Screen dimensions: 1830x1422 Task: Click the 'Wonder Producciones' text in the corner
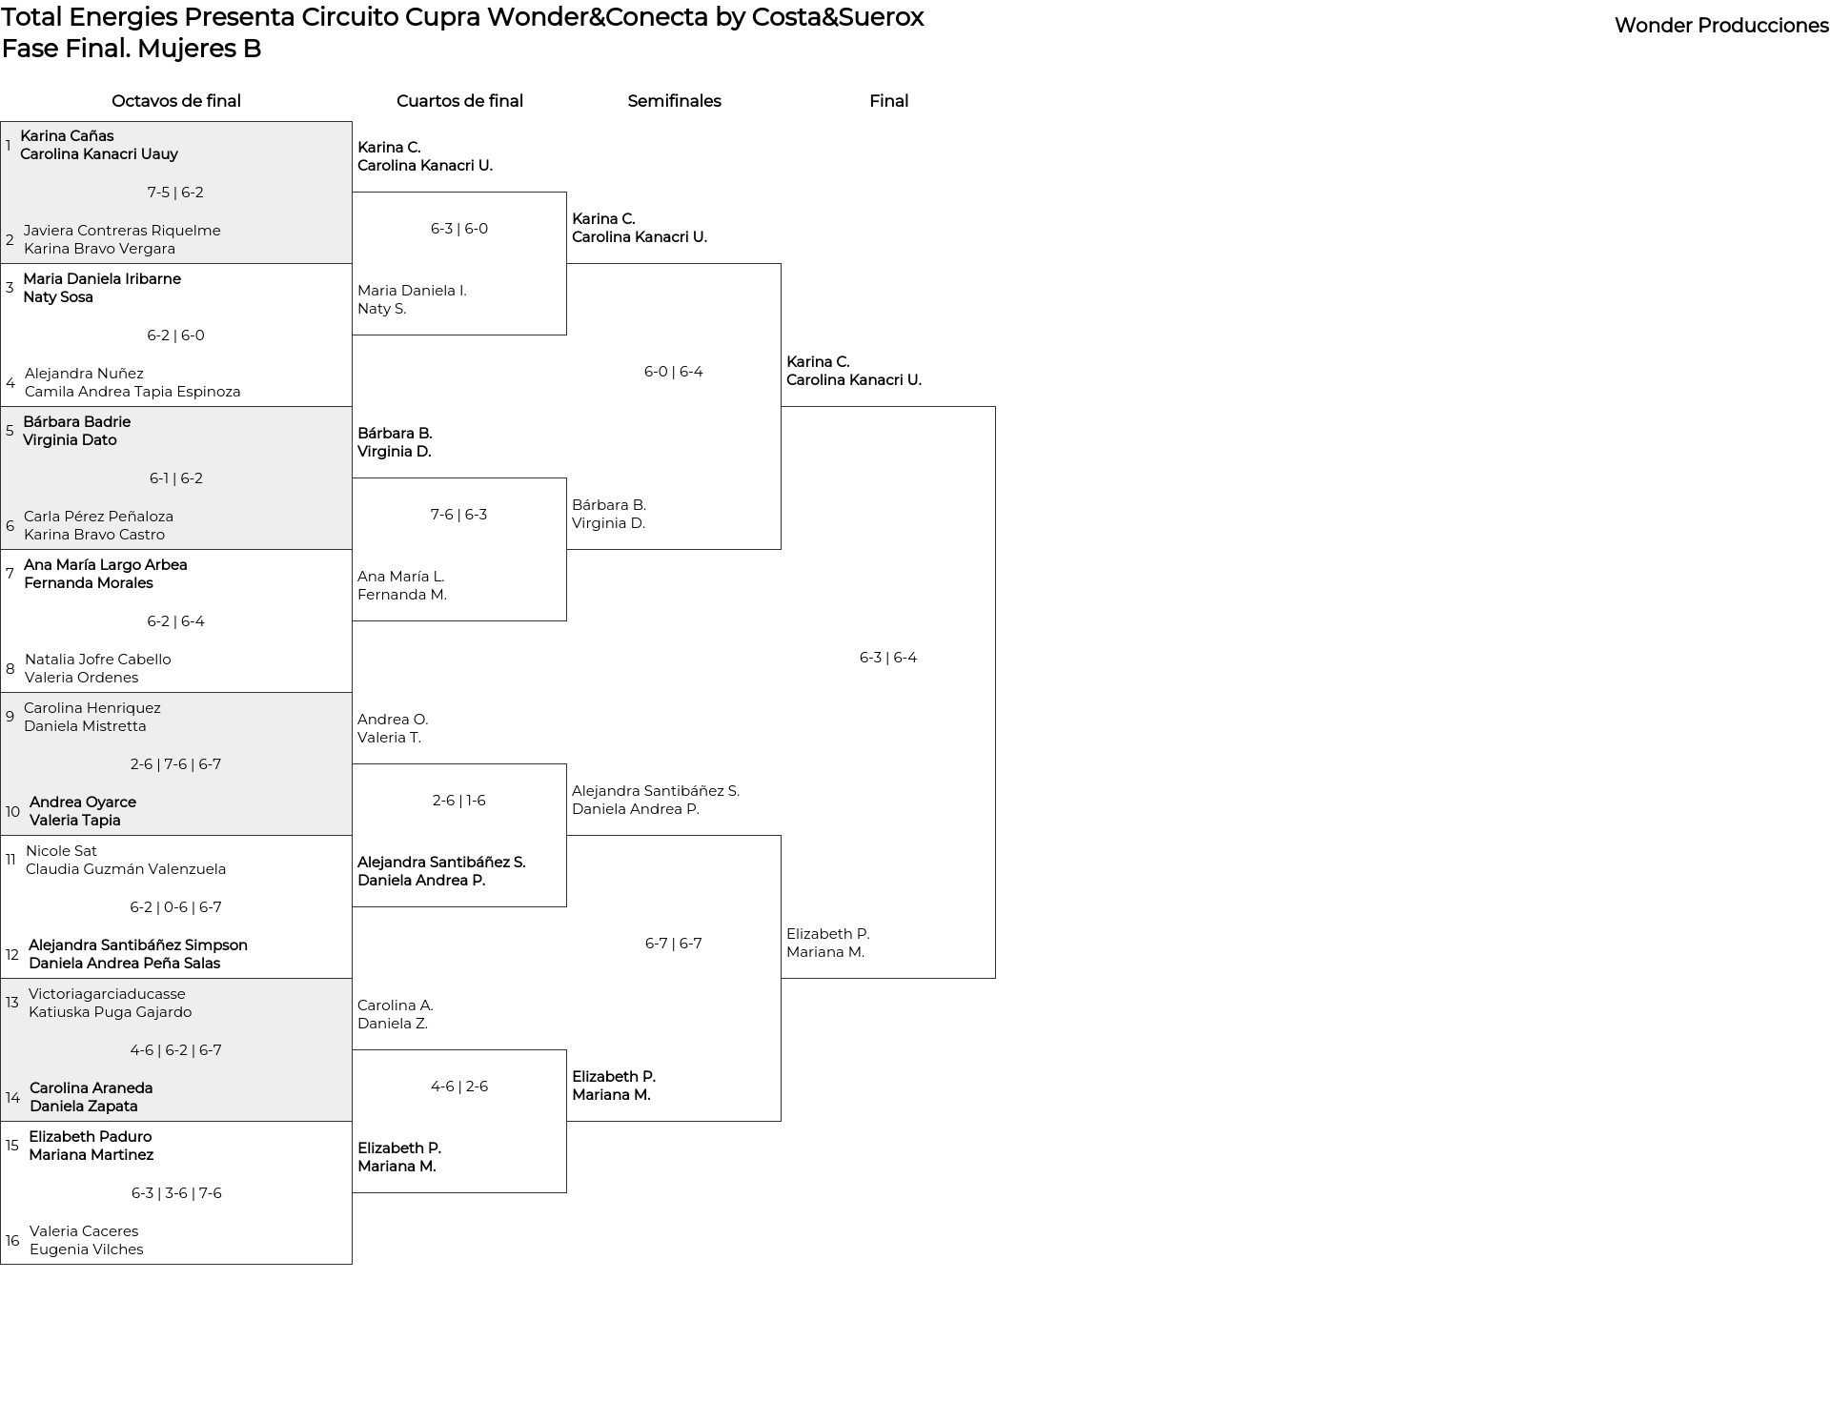pos(1721,27)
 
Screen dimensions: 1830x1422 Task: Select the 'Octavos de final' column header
pos(176,101)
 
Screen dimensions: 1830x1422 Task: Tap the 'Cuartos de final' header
pos(459,101)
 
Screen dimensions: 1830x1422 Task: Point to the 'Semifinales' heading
pos(674,101)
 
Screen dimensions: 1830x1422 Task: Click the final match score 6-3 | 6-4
pos(888,658)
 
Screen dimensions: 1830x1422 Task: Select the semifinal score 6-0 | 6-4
pos(674,372)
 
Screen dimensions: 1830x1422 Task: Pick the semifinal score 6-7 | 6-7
pos(674,944)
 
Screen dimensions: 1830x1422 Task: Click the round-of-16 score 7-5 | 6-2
pos(175,193)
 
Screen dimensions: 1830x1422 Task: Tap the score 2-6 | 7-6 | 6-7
pos(175,764)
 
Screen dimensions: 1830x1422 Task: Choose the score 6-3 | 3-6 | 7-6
pos(176,1193)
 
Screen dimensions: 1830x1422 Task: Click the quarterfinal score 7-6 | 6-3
pos(458,515)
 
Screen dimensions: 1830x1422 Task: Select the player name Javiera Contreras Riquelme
pos(122,231)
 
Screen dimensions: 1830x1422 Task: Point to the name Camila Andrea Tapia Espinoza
pos(132,392)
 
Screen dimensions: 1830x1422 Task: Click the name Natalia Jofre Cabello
pos(98,660)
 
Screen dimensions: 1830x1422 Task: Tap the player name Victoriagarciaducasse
pos(107,994)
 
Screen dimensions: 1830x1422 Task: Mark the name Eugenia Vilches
pos(87,1249)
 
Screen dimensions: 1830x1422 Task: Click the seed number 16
pos(12,1241)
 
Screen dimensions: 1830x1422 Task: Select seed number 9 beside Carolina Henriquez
pos(10,717)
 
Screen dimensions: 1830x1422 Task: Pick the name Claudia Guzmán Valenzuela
pos(126,869)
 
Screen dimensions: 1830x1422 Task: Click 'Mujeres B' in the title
pos(199,49)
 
